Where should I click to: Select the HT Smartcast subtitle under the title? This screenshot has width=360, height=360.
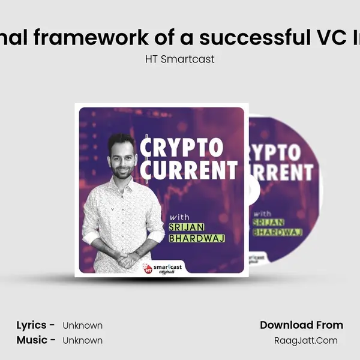pos(179,59)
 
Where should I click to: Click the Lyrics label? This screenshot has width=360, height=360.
pos(36,325)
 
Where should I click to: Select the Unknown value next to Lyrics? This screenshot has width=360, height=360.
pos(83,326)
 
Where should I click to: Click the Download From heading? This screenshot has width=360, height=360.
pos(301,325)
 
